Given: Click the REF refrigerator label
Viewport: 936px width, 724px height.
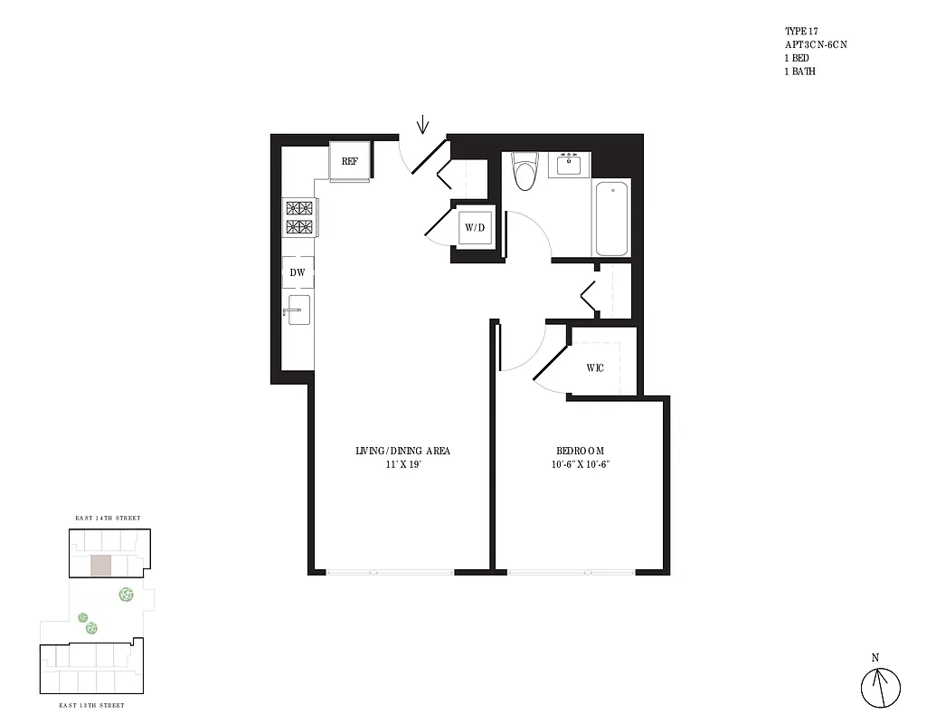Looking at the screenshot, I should pyautogui.click(x=350, y=162).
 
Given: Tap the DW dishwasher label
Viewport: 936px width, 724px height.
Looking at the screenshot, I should pyautogui.click(x=298, y=271).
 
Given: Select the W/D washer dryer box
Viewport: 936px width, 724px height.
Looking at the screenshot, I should pyautogui.click(x=476, y=228).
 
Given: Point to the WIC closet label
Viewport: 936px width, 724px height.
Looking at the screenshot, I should pyautogui.click(x=595, y=367).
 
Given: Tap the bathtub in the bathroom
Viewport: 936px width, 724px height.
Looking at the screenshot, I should pyautogui.click(x=611, y=218).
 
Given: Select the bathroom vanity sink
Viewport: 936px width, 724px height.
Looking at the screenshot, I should pyautogui.click(x=569, y=164).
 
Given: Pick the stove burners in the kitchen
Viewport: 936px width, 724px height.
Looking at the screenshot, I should pyautogui.click(x=298, y=217).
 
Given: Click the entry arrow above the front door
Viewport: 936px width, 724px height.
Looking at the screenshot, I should pyautogui.click(x=422, y=124).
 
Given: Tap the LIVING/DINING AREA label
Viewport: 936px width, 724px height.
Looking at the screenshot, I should pyautogui.click(x=403, y=451).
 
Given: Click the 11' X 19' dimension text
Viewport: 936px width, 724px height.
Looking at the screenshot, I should pyautogui.click(x=403, y=464).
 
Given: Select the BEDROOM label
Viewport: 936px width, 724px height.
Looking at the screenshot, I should pyautogui.click(x=580, y=451).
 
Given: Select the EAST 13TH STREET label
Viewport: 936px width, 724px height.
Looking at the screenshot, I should pyautogui.click(x=91, y=705).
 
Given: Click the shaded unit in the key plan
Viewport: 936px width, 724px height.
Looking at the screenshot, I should pyautogui.click(x=101, y=567).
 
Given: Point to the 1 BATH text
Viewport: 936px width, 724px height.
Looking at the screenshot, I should pyautogui.click(x=799, y=71).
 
